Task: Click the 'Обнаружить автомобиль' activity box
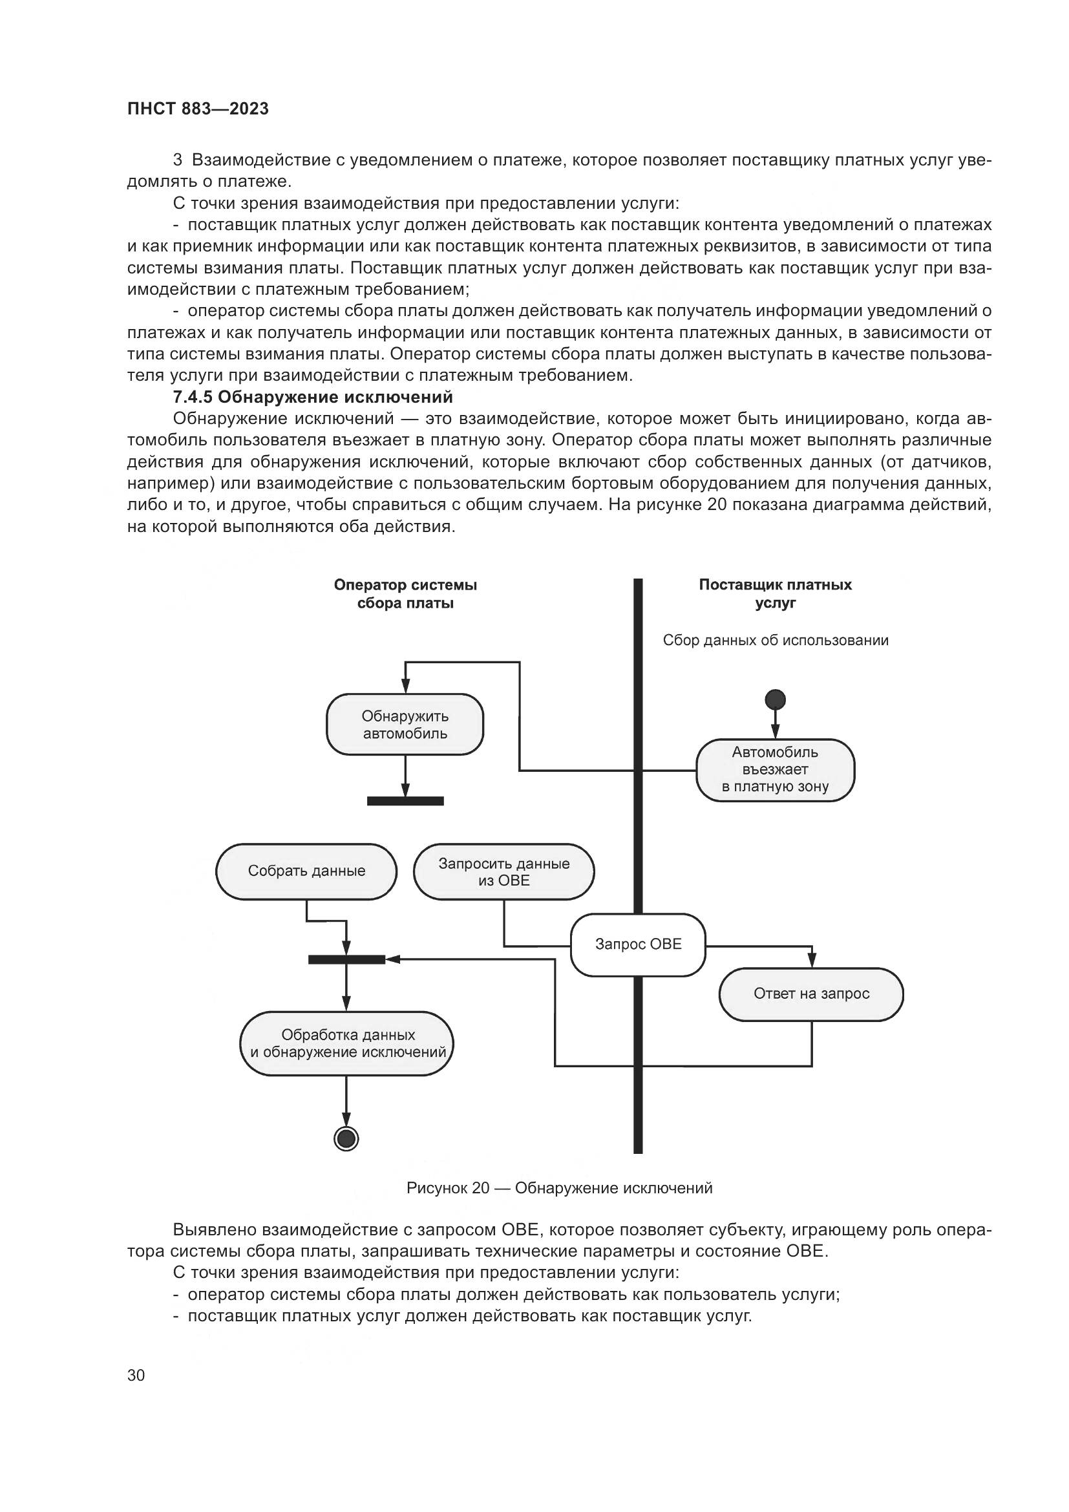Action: [405, 725]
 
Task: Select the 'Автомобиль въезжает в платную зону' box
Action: [775, 770]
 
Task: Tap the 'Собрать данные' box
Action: [306, 871]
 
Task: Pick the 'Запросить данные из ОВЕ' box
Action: [503, 871]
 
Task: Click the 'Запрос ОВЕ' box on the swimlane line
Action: [637, 944]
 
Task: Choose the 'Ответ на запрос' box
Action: [811, 994]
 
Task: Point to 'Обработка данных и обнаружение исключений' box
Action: [346, 1043]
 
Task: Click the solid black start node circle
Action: [776, 699]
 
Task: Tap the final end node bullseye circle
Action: [346, 1138]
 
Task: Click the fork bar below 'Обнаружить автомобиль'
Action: [405, 801]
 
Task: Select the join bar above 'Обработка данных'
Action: [346, 959]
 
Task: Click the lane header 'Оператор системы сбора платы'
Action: [405, 594]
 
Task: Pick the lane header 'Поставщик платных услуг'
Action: [775, 593]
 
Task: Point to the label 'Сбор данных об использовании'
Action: [775, 641]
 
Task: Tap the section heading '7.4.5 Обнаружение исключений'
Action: [313, 397]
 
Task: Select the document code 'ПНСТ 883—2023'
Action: [198, 109]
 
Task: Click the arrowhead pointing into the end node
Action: [346, 1121]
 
